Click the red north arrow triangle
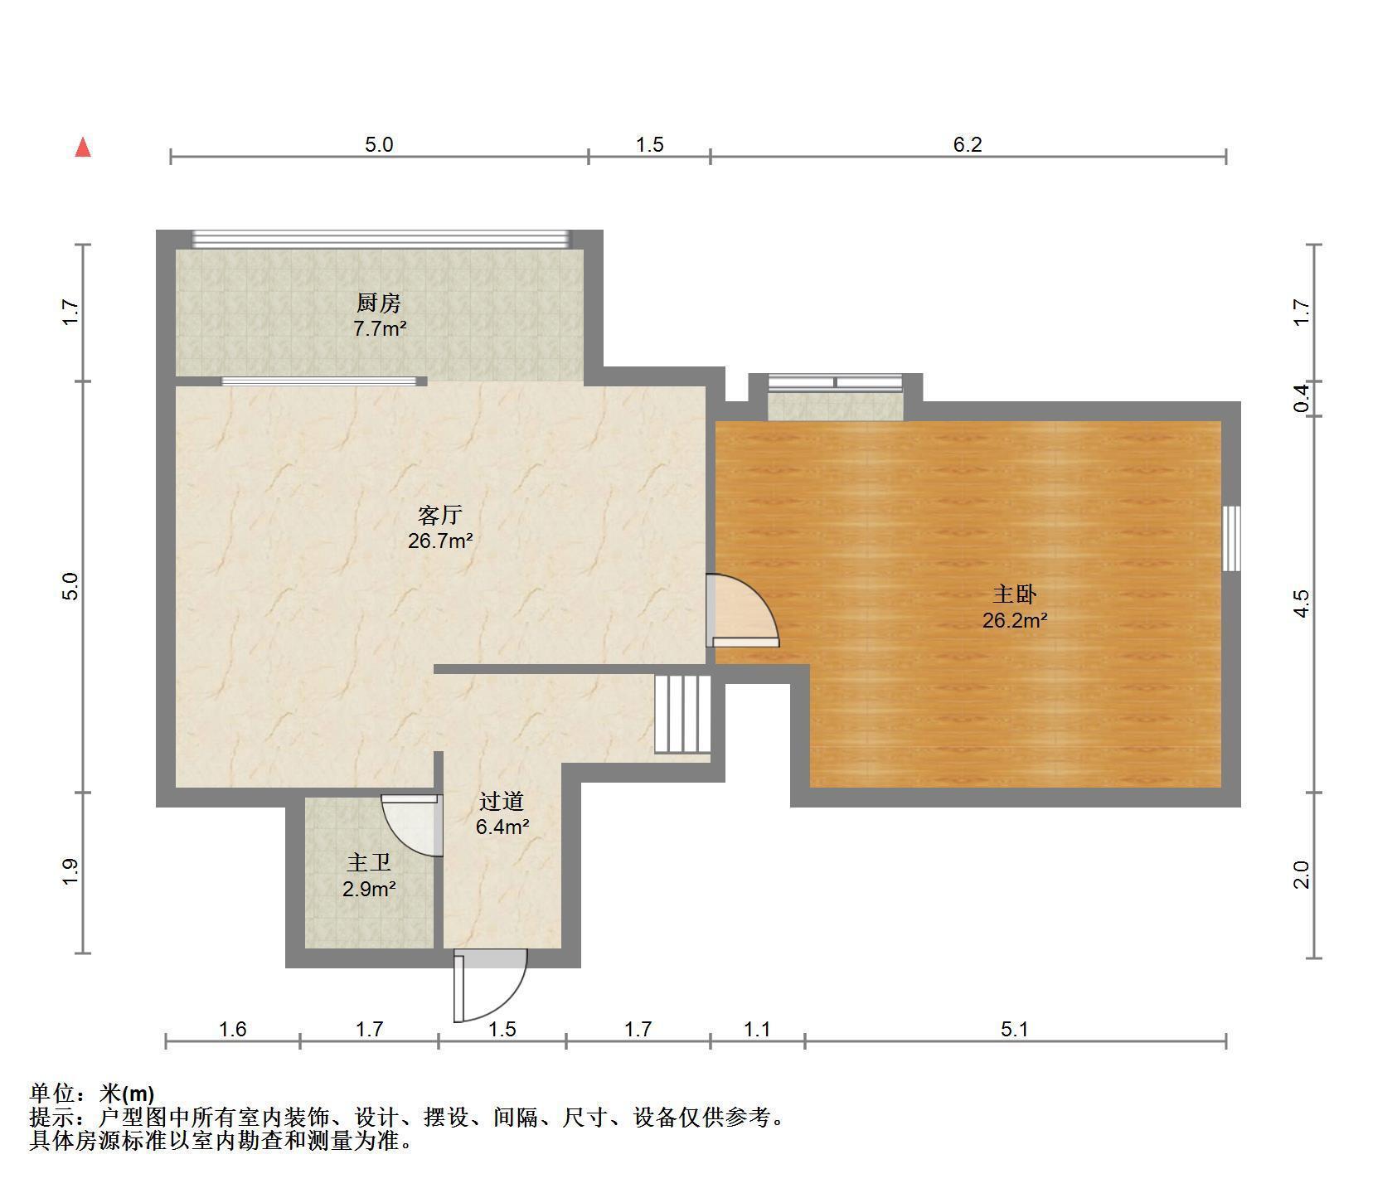click(x=83, y=148)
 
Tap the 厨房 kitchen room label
click(x=379, y=303)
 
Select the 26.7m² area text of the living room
click(x=440, y=541)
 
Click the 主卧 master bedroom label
click(x=1015, y=594)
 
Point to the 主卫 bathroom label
click(x=369, y=863)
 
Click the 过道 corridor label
click(x=502, y=801)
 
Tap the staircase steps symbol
click(x=683, y=715)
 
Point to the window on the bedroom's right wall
click(x=1232, y=538)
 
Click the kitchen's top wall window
click(x=381, y=239)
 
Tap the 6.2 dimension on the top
click(x=968, y=145)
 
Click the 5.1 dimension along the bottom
click(x=1015, y=1030)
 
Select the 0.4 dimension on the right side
click(x=1302, y=399)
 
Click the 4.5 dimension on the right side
click(x=1302, y=604)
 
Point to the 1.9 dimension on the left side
click(x=70, y=871)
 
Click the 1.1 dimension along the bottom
click(x=757, y=1030)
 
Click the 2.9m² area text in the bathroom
click(x=369, y=890)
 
